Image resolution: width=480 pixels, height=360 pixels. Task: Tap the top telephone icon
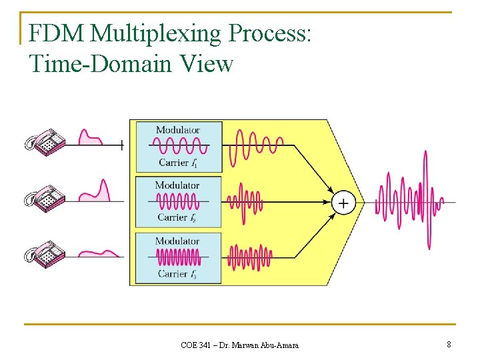tap(45, 142)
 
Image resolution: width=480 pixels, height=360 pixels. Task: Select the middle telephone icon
tap(45, 197)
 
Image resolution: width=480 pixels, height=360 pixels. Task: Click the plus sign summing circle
tap(343, 203)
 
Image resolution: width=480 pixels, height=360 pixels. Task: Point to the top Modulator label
tap(178, 129)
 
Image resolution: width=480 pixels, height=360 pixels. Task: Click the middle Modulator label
tap(177, 185)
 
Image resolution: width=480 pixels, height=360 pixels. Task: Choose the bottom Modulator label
tap(177, 241)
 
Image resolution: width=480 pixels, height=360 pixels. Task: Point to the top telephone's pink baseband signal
tap(90, 137)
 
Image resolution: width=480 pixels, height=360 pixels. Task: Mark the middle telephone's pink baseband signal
tap(95, 191)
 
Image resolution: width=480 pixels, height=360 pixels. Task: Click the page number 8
tap(449, 344)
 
